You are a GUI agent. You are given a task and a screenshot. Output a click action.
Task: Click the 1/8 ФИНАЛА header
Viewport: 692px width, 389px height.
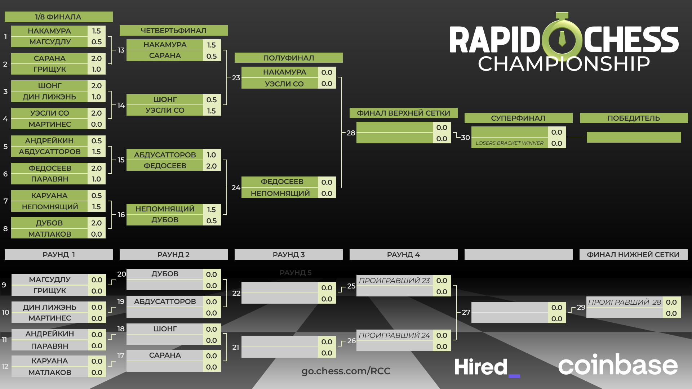58,17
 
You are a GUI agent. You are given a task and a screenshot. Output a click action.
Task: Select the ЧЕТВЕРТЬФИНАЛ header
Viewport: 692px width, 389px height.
173,31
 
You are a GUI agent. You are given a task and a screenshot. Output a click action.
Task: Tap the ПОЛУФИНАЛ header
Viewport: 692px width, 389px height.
288,58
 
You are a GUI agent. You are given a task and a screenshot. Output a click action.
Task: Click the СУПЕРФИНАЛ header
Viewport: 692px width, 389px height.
518,118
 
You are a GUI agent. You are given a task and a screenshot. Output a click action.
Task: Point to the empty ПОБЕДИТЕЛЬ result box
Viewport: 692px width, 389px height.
634,137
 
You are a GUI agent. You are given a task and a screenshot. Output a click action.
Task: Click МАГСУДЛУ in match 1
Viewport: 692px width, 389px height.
50,42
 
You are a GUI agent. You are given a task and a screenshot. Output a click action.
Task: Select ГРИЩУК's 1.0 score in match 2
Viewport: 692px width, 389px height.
96,69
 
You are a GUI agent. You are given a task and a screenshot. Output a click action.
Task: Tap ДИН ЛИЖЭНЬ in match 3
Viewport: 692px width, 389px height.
49,97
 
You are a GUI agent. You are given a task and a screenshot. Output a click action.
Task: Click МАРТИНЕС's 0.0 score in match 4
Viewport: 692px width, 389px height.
96,124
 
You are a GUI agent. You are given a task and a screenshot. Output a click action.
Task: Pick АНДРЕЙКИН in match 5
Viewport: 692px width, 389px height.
49,141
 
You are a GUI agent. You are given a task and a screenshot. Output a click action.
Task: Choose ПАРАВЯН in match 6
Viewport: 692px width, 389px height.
49,179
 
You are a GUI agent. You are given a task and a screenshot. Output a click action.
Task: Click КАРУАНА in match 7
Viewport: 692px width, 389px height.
49,196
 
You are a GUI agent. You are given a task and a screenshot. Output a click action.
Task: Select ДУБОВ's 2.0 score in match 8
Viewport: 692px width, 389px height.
96,223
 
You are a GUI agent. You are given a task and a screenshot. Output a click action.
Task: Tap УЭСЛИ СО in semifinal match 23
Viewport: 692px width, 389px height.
284,84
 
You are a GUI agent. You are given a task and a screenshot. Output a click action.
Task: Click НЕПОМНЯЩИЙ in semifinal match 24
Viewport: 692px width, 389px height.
280,193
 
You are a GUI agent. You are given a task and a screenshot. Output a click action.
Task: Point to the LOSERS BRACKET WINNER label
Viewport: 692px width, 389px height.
509,143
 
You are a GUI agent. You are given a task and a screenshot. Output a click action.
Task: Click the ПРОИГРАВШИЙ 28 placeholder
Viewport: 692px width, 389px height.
625,302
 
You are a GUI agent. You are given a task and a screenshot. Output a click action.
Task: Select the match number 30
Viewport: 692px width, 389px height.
465,138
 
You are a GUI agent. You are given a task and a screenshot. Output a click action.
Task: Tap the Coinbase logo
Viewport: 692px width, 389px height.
618,365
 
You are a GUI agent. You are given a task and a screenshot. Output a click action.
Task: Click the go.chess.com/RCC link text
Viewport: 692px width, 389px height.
346,371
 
